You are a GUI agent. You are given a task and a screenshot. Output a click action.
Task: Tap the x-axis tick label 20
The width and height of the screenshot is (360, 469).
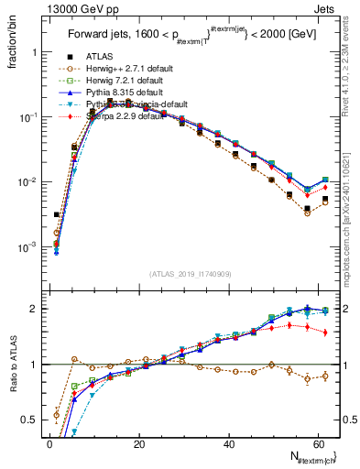click(x=138, y=444)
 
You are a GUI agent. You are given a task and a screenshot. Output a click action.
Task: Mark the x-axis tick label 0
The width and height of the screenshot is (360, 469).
click(x=49, y=444)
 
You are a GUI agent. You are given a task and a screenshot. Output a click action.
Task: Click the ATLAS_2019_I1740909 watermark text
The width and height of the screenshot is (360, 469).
click(x=190, y=273)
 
